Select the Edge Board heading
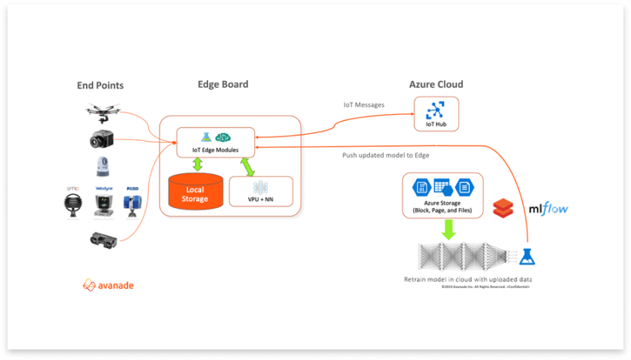point(222,85)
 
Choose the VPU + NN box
point(260,191)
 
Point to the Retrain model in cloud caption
point(468,279)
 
